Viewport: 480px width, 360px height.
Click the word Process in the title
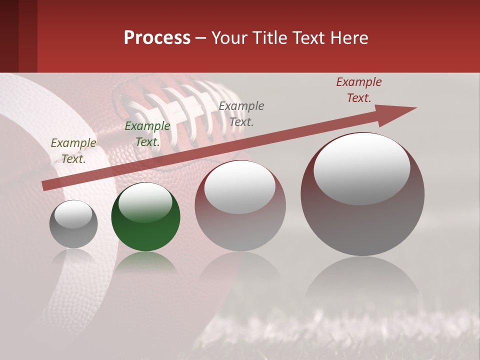(157, 38)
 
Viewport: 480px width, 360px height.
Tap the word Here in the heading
(348, 38)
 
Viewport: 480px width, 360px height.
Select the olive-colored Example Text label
(73, 151)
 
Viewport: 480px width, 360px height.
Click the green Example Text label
(147, 134)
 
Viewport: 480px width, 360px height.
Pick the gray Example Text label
(241, 113)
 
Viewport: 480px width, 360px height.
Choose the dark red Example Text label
(359, 90)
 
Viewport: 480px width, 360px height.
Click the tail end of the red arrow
(45, 185)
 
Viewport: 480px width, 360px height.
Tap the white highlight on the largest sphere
(361, 169)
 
